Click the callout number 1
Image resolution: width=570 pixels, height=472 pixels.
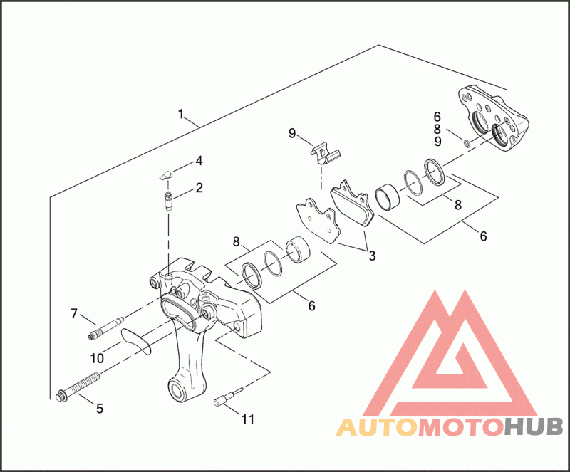[182, 114]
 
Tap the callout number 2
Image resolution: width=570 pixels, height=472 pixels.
[199, 188]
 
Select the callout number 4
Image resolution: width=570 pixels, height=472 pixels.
[199, 160]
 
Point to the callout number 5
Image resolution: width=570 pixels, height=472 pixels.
[100, 409]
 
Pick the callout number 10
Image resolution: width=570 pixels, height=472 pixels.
[97, 357]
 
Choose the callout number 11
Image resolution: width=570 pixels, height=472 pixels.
[247, 419]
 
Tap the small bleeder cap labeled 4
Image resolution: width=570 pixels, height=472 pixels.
[165, 174]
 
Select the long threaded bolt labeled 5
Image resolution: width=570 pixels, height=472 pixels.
[78, 385]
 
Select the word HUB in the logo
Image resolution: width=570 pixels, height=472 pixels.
[534, 427]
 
